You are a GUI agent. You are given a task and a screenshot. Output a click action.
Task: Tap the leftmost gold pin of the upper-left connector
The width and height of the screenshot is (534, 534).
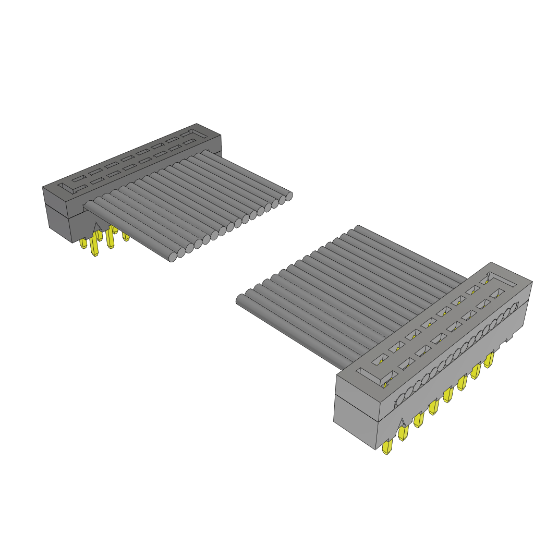click(x=83, y=244)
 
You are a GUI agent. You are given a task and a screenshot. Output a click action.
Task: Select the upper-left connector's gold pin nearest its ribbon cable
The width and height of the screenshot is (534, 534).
click(x=126, y=237)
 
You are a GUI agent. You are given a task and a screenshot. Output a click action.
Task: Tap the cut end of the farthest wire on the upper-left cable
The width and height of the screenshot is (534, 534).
click(x=288, y=196)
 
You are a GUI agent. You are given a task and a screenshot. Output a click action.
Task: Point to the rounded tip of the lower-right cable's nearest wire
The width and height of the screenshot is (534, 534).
click(x=240, y=300)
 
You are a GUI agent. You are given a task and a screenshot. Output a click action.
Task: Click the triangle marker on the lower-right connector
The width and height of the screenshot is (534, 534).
click(x=402, y=423)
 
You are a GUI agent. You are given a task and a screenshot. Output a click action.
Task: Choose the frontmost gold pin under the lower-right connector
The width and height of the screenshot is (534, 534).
click(x=387, y=448)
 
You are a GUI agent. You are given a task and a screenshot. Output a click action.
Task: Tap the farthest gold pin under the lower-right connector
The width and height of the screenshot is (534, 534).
click(x=489, y=360)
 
